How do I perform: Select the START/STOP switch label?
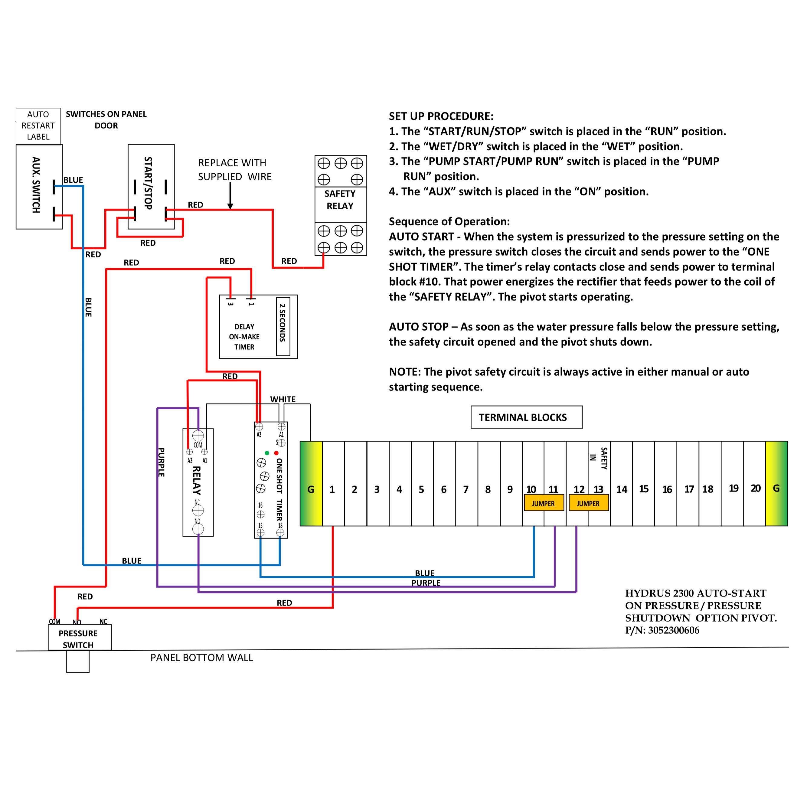click(148, 183)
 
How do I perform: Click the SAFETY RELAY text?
click(340, 200)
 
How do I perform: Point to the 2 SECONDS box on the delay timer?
click(283, 326)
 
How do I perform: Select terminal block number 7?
click(466, 489)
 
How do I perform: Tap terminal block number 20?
click(755, 488)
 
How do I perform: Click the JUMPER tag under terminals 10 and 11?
click(544, 503)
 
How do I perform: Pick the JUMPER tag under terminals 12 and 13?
click(588, 503)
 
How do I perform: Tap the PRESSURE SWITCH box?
click(79, 638)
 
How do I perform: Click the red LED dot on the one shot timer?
click(276, 453)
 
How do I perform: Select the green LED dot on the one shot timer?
click(267, 453)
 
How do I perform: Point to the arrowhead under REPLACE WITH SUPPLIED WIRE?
click(230, 206)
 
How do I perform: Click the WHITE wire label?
click(283, 399)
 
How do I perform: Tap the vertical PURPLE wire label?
click(161, 462)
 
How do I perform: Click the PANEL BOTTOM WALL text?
click(202, 658)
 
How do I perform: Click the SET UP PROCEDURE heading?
click(441, 116)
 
